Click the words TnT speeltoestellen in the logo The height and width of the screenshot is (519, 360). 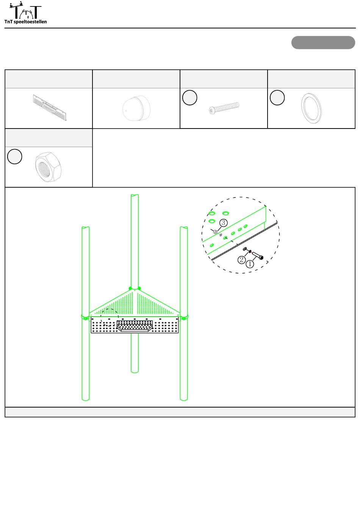25,22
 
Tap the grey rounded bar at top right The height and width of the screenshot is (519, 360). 323,42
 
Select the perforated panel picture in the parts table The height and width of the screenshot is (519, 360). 50,108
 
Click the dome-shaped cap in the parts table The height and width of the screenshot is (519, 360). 136,108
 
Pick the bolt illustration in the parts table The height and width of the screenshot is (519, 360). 224,108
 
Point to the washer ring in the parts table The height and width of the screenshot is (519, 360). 311,108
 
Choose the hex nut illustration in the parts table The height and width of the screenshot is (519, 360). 48,167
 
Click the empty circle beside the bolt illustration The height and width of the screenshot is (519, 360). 189,97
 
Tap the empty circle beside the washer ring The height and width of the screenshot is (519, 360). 277,97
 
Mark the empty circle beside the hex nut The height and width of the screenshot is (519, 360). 15,157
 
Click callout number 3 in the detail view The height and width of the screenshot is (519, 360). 223,223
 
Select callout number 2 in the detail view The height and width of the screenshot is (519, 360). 242,260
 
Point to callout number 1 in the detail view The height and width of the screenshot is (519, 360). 250,264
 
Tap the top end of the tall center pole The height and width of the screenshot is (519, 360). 135,196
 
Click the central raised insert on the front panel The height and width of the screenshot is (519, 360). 135,326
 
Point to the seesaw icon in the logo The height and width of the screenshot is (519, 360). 16,5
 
